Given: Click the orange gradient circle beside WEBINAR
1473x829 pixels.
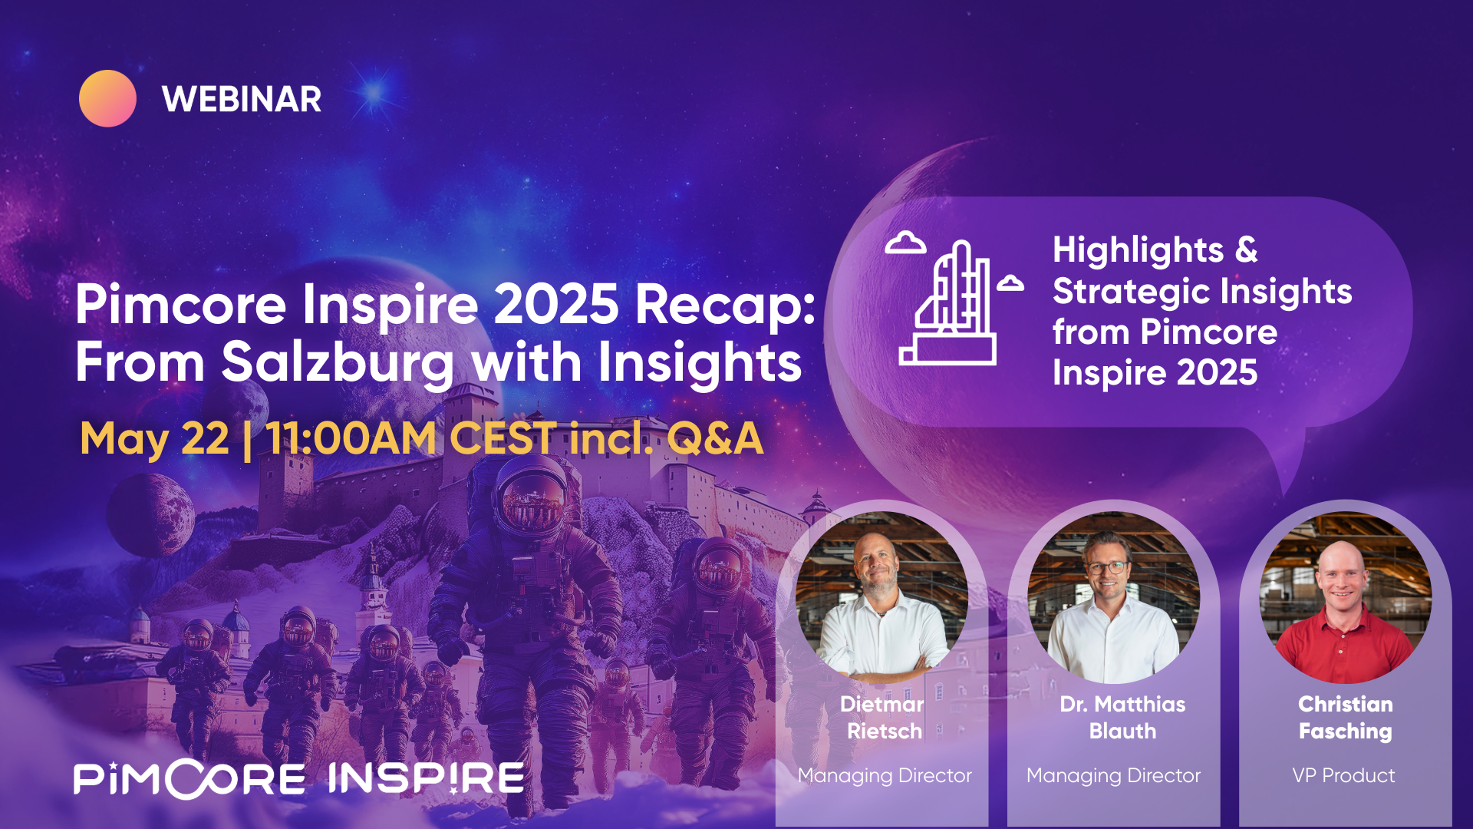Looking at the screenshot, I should [107, 99].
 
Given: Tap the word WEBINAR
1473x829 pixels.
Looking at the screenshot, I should [242, 100].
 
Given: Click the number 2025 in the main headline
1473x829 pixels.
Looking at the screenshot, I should [555, 305].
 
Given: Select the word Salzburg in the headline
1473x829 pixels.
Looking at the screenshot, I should [338, 362].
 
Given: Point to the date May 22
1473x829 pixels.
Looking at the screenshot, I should [154, 439].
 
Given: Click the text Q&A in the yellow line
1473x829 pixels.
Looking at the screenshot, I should [714, 439].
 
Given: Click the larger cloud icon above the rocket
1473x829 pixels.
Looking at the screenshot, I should [905, 243].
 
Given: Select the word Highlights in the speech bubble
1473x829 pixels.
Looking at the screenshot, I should [1138, 250].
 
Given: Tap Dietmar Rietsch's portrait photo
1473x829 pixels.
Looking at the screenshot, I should [881, 597].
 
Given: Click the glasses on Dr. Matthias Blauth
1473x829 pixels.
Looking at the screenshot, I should [1107, 568].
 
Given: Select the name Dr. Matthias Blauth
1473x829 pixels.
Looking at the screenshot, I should [1122, 717].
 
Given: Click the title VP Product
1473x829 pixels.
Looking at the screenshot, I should [1343, 775].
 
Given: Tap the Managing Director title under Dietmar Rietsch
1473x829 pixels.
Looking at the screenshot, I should [885, 775].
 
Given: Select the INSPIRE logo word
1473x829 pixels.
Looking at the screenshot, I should [427, 778].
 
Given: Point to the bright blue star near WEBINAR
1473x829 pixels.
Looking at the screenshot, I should [375, 93].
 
